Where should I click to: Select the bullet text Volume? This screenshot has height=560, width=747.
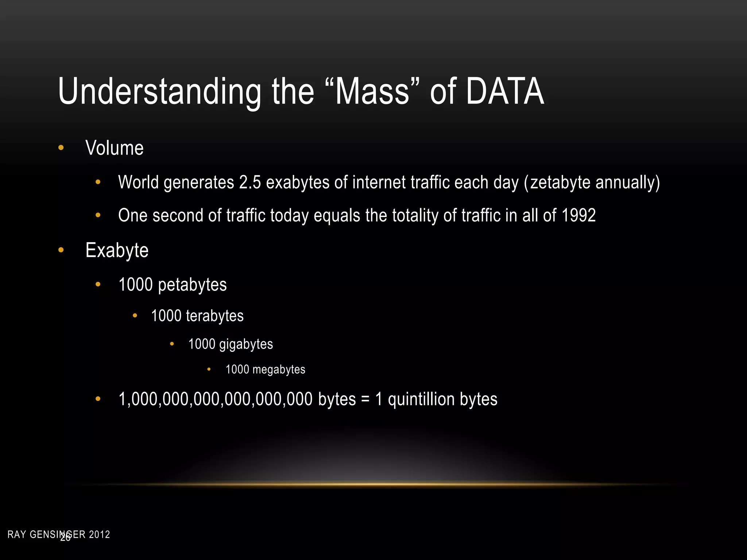pyautogui.click(x=115, y=148)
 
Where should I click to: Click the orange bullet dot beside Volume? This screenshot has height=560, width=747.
pyautogui.click(x=61, y=148)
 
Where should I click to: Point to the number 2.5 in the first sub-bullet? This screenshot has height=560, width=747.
pyautogui.click(x=250, y=182)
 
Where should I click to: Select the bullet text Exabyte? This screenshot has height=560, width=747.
pyautogui.click(x=117, y=250)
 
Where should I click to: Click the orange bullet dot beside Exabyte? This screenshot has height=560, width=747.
pyautogui.click(x=61, y=250)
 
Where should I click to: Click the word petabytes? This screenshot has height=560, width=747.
pyautogui.click(x=192, y=285)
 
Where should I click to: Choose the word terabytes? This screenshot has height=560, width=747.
pyautogui.click(x=214, y=316)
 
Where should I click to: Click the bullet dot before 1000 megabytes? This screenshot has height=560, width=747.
pyautogui.click(x=209, y=370)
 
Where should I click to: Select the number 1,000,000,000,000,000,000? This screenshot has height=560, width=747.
pyautogui.click(x=215, y=399)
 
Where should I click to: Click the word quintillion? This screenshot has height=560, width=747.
pyautogui.click(x=421, y=399)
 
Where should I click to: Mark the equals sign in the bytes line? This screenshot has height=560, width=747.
pyautogui.click(x=365, y=400)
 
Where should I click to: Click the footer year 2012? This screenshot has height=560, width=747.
pyautogui.click(x=100, y=535)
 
